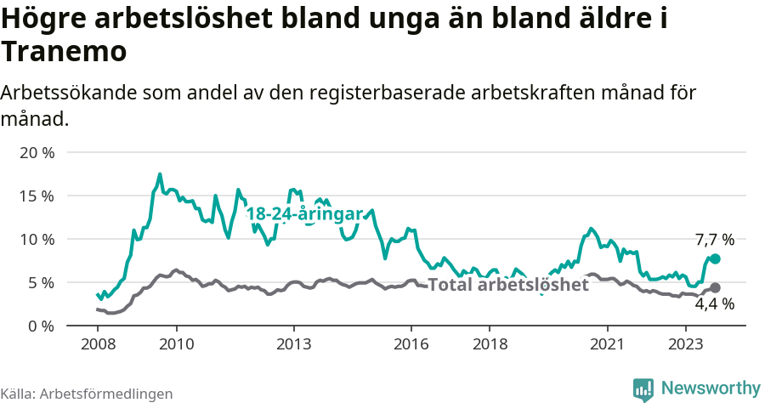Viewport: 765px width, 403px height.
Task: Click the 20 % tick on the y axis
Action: point(36,152)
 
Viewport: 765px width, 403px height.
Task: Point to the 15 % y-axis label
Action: point(36,196)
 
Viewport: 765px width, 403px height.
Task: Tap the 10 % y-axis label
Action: point(36,239)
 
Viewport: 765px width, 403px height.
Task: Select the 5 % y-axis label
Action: point(40,282)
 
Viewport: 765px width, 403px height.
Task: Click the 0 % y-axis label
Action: point(40,326)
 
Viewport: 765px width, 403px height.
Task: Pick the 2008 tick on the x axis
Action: point(98,344)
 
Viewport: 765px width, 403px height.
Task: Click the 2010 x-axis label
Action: point(176,344)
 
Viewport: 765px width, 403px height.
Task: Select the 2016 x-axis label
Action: point(411,344)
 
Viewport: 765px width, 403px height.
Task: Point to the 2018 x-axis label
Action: point(490,344)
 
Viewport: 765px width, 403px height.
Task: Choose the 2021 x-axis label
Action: point(608,344)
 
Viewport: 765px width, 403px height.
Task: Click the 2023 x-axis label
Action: point(686,344)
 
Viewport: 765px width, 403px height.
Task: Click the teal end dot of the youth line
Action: point(715,258)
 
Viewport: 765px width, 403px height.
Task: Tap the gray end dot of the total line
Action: point(715,287)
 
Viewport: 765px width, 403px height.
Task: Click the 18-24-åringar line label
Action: point(305,214)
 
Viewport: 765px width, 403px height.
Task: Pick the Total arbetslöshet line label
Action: point(507,284)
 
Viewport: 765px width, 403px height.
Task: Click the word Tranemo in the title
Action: point(65,52)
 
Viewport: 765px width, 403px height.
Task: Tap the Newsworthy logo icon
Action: point(643,389)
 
